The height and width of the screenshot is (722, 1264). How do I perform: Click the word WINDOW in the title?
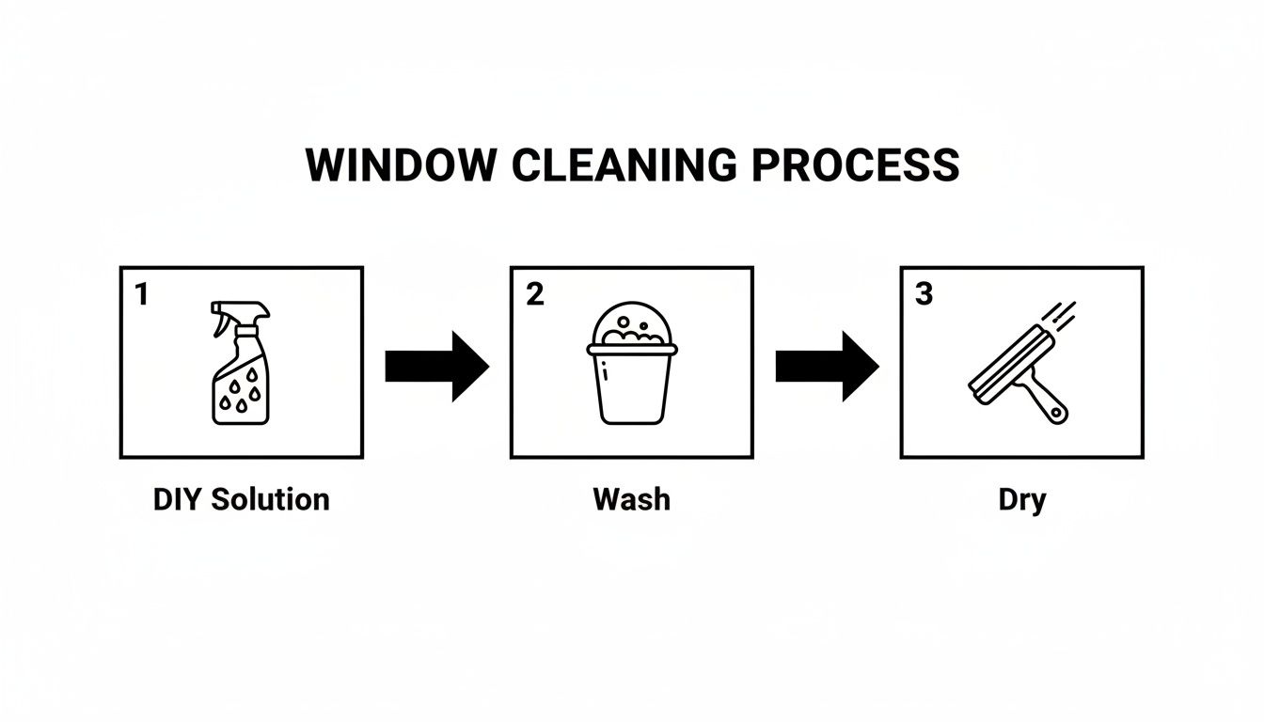point(401,165)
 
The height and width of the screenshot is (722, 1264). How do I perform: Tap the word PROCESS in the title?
point(855,165)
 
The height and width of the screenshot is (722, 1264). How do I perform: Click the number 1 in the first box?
point(142,295)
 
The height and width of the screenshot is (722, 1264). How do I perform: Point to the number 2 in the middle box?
point(534,295)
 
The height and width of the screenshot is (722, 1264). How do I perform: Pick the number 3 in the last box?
point(924,295)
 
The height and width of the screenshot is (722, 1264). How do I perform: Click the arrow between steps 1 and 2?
point(436,366)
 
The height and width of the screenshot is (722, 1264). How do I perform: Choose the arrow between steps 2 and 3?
point(827,366)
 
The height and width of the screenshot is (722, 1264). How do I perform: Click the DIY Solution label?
point(241,499)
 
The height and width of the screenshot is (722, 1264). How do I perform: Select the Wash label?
point(632,499)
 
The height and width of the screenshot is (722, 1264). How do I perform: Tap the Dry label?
point(1021,499)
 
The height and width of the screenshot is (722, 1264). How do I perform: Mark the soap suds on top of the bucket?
point(631,325)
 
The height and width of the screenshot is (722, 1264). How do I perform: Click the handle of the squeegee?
point(1049,402)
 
